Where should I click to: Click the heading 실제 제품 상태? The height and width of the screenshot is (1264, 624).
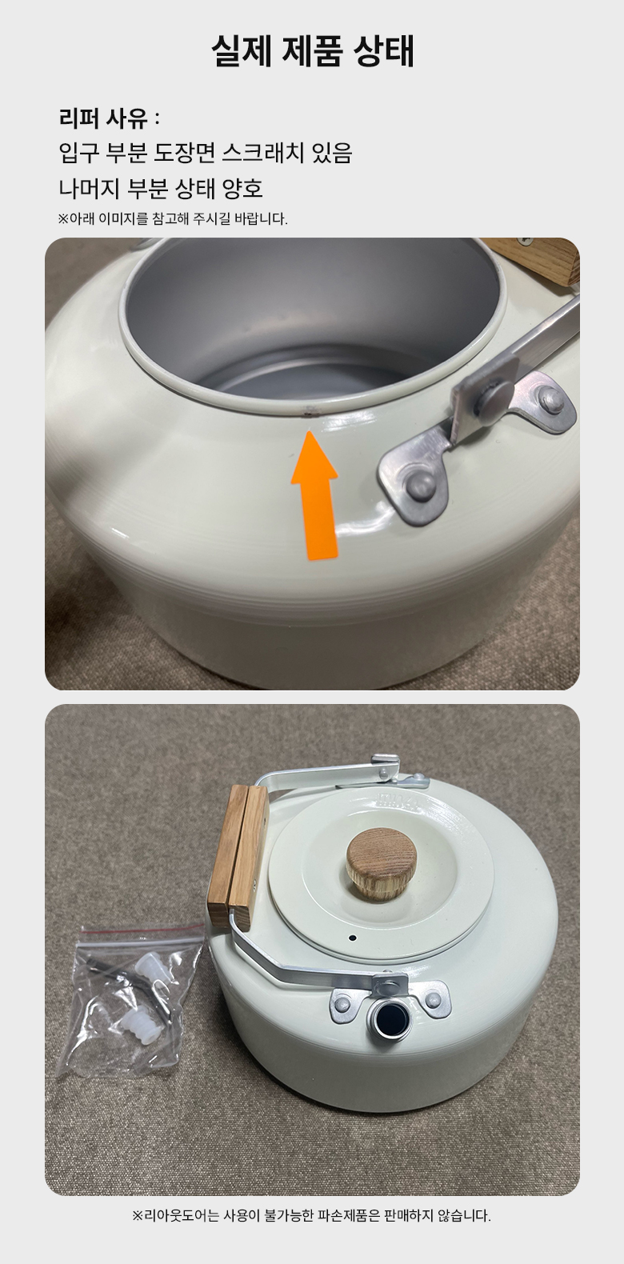pyautogui.click(x=313, y=51)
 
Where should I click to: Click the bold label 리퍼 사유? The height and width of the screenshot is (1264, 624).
pyautogui.click(x=103, y=119)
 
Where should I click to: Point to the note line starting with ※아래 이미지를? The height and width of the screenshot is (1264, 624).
pyautogui.click(x=173, y=219)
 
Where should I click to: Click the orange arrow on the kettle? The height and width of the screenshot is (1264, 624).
pyautogui.click(x=314, y=495)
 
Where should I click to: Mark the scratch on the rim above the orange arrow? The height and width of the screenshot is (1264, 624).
pyautogui.click(x=307, y=411)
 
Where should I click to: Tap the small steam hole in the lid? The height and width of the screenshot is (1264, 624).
pyautogui.click(x=353, y=938)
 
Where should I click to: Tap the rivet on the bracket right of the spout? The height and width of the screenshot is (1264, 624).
pyautogui.click(x=434, y=998)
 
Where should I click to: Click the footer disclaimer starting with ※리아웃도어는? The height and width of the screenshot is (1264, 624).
pyautogui.click(x=311, y=1215)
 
